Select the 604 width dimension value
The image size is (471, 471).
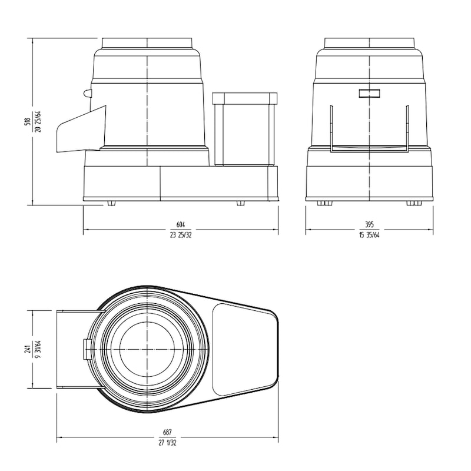coord(181,224)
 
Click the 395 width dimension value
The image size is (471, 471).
coord(369,224)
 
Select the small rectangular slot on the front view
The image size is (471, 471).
coord(369,92)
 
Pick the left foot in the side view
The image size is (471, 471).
coord(111,203)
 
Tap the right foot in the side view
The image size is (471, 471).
coord(240,203)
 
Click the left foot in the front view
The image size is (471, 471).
coord(325,203)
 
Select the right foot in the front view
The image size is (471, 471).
coord(414,203)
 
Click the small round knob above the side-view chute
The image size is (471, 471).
coord(88,94)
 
